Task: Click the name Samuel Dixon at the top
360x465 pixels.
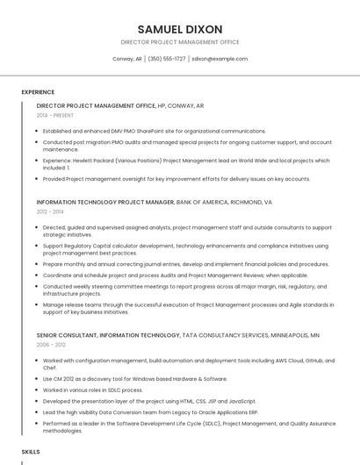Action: coord(180,29)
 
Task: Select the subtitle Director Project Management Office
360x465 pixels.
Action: coord(180,42)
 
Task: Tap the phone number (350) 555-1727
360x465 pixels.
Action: coord(167,59)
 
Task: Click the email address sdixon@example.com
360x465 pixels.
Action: coord(220,59)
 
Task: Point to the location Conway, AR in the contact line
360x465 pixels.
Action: coord(127,59)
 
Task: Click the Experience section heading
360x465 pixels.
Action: coord(38,92)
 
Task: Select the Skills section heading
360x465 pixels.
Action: coord(31,451)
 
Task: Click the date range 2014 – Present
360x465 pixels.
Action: coord(56,115)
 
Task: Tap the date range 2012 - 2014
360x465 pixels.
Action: coord(50,211)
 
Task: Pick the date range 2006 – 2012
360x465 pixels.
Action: coord(51,345)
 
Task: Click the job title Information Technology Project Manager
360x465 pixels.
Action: coord(105,202)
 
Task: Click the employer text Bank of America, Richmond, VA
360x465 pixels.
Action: coord(225,202)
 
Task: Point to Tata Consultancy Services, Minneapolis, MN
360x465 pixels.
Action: coord(251,335)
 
